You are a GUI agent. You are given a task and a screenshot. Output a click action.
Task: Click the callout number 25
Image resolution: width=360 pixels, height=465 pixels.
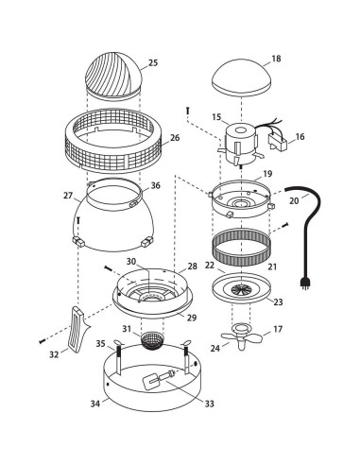(153, 62)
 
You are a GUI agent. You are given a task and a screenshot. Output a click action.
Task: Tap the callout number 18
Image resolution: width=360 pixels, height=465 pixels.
(276, 59)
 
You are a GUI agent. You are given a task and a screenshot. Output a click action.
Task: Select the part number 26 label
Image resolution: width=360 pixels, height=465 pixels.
(175, 138)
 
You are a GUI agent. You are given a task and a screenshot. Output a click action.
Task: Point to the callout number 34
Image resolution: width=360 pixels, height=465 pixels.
(95, 404)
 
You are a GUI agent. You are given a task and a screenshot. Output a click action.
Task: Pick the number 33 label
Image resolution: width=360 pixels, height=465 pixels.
(209, 404)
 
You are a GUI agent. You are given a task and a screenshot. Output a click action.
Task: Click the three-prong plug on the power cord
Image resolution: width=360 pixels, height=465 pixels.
(304, 284)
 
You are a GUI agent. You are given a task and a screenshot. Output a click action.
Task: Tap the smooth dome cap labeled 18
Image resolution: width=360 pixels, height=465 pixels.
(241, 77)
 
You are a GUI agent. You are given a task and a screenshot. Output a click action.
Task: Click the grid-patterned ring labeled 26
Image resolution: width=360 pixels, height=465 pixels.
(113, 141)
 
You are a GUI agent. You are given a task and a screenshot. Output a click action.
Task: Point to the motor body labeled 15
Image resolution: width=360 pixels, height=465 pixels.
(240, 144)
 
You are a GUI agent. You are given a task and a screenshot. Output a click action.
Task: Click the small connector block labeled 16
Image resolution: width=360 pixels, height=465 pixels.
(277, 142)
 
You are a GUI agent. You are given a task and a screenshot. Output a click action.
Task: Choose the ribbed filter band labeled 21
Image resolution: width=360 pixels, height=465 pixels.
(241, 247)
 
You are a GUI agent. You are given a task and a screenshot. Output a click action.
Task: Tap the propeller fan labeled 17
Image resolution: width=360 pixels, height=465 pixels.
(241, 337)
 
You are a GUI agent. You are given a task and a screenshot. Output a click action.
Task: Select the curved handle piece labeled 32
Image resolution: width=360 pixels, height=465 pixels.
(77, 329)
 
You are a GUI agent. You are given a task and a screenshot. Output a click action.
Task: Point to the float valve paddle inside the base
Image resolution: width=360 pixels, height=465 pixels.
(150, 381)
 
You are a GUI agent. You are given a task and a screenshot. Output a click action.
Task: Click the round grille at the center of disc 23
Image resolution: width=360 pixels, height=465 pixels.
(241, 289)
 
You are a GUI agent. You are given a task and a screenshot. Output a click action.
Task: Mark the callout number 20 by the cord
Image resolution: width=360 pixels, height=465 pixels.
(294, 200)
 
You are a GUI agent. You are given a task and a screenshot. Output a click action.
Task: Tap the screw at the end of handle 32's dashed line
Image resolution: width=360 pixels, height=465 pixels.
(42, 341)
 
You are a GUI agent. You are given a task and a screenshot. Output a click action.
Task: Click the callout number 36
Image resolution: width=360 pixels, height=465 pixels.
(155, 185)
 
